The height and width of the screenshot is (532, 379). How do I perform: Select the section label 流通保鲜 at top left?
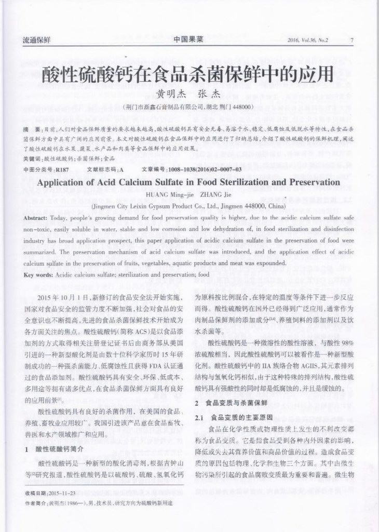click(37, 40)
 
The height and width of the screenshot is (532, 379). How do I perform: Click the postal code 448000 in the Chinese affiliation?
click(241, 107)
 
